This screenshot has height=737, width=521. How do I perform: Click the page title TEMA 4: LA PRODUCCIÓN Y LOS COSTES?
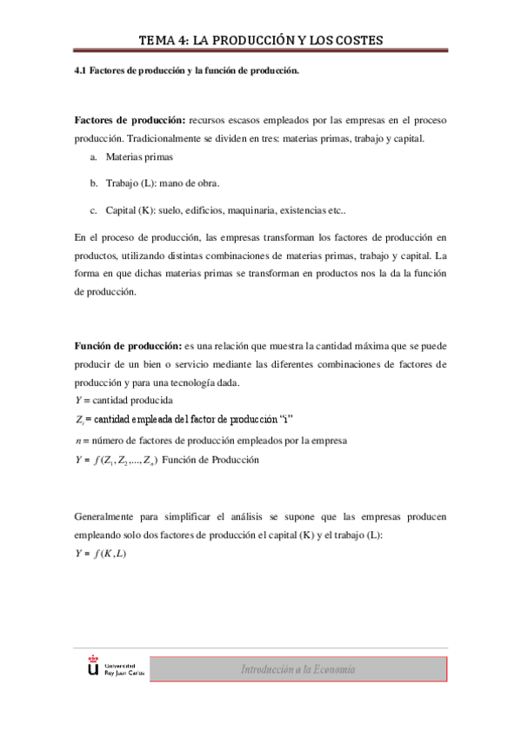click(261, 41)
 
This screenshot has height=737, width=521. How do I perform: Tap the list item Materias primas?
click(139, 157)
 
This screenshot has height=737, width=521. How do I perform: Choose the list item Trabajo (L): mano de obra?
click(163, 183)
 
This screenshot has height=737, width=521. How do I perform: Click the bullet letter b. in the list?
click(93, 183)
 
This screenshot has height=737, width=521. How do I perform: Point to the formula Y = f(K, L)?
click(101, 554)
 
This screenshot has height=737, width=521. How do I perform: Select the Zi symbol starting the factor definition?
click(79, 421)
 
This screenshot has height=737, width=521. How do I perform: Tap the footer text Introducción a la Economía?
click(298, 669)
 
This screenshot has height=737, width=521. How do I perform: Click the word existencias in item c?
click(332, 210)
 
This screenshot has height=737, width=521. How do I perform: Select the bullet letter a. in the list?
click(93, 157)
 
